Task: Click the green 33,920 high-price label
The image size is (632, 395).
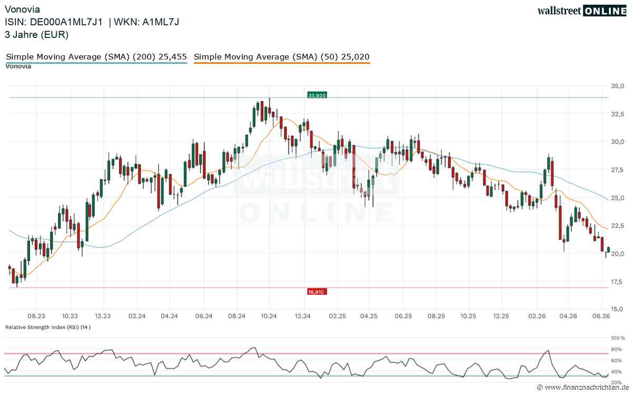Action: (x=317, y=95)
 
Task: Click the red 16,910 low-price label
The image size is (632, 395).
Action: (x=317, y=292)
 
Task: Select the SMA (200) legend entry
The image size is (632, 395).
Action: (x=96, y=57)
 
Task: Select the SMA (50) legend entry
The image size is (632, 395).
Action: (x=282, y=57)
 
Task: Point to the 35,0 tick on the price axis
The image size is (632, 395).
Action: (x=618, y=86)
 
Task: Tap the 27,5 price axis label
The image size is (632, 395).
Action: (x=618, y=170)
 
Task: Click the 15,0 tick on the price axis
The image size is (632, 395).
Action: (x=618, y=309)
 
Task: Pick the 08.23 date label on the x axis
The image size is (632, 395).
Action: (x=36, y=316)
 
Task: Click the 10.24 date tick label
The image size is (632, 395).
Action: (x=269, y=316)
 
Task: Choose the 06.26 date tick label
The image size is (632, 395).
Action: (x=601, y=316)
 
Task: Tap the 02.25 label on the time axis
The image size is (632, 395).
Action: (x=337, y=316)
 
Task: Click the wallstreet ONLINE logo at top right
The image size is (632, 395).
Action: (x=582, y=11)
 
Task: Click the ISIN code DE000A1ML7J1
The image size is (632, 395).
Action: (x=66, y=22)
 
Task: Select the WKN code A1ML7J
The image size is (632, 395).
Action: (x=161, y=22)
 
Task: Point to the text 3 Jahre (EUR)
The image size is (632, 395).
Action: (x=37, y=35)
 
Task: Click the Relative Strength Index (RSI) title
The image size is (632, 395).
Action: (x=48, y=327)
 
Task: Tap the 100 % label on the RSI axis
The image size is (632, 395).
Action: (x=618, y=338)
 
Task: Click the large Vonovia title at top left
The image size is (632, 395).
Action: (x=22, y=9)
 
